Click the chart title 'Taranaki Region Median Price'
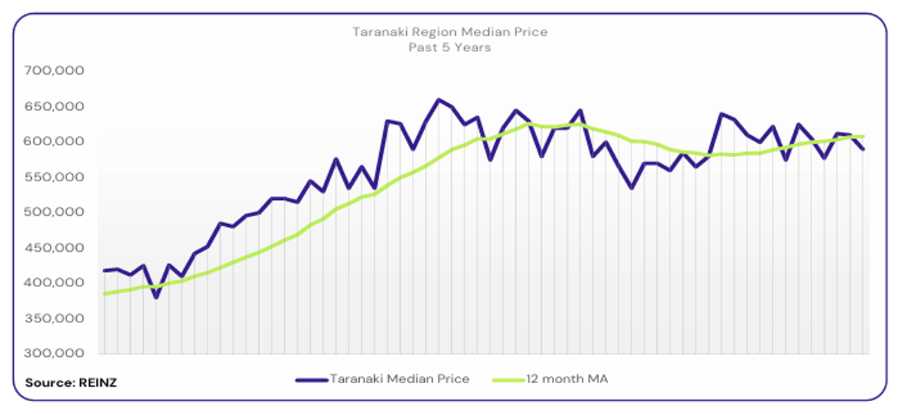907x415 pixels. (x=450, y=32)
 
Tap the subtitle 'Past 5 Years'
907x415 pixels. (x=450, y=48)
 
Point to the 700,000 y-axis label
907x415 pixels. (x=54, y=70)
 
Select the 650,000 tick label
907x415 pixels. (x=54, y=106)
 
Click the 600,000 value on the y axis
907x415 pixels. (x=54, y=141)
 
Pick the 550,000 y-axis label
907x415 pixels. (x=54, y=176)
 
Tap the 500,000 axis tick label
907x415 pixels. (x=54, y=212)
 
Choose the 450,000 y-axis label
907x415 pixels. (x=54, y=247)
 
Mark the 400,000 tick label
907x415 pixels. (x=54, y=282)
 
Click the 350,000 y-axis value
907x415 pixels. (x=54, y=318)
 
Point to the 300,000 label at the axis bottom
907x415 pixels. (x=54, y=353)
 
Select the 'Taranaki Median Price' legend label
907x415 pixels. (x=399, y=379)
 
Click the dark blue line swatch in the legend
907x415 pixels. (x=311, y=379)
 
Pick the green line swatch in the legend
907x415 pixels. (x=507, y=379)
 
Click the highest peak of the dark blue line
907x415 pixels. (x=438, y=100)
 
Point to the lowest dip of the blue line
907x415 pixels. (x=157, y=297)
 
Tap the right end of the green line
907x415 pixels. (x=863, y=136)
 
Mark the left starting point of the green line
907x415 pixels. (x=104, y=294)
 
